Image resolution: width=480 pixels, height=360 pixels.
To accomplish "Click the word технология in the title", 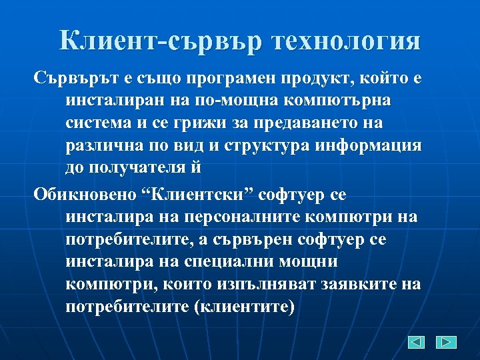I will click(x=345, y=42).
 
